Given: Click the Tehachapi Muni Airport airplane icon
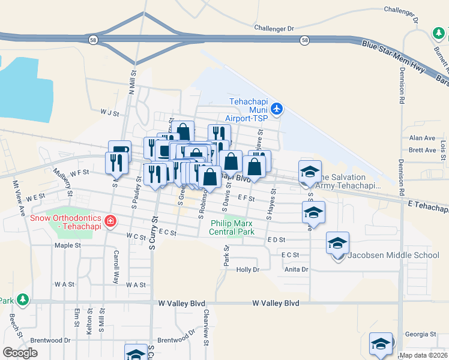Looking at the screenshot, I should click(276, 109).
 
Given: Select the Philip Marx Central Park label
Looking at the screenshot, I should click(232, 227).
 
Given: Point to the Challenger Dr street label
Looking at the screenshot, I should click(274, 28).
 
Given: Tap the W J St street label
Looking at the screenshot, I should click(110, 112).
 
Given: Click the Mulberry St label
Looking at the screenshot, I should click(62, 182).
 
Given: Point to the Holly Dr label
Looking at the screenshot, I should click(247, 270).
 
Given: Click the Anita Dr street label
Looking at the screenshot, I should click(296, 269).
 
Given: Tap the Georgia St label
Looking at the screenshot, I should click(420, 334).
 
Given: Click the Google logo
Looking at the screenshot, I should click(20, 352).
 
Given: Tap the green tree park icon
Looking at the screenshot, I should click(23, 299).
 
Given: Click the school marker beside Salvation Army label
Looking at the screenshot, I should click(310, 171).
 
